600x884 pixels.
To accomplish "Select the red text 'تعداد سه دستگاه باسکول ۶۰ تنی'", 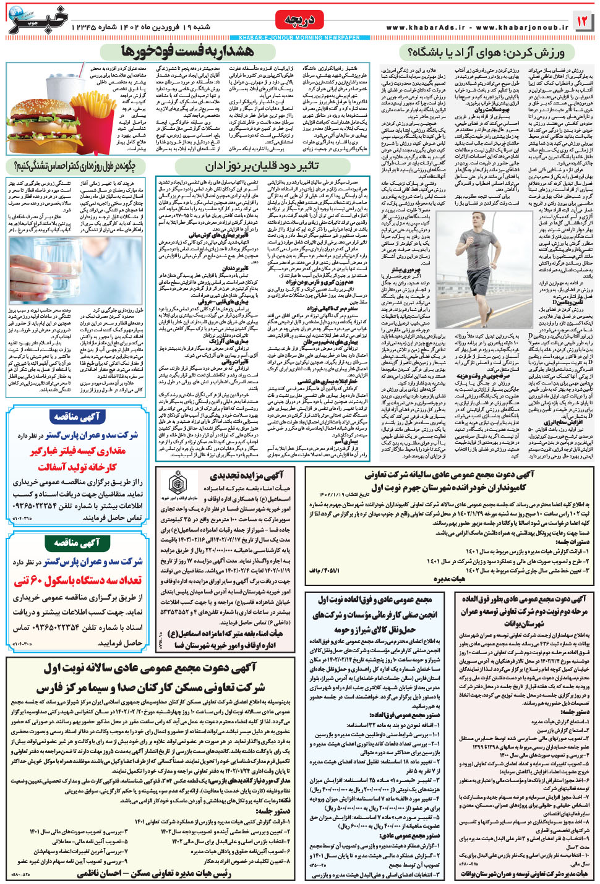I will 77,580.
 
